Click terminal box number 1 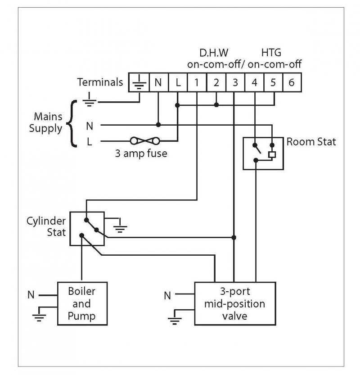click(x=197, y=82)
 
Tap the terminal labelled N click(x=158, y=82)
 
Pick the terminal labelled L click(x=178, y=82)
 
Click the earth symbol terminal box click(x=139, y=82)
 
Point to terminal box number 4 click(x=254, y=82)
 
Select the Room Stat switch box click(x=263, y=153)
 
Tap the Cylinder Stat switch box click(x=87, y=229)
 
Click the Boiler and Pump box click(x=82, y=303)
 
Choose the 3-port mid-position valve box click(x=234, y=303)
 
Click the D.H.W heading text click(x=211, y=53)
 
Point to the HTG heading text click(x=271, y=53)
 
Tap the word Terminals click(x=100, y=82)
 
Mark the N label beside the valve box click(x=167, y=296)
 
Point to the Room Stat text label click(x=311, y=142)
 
